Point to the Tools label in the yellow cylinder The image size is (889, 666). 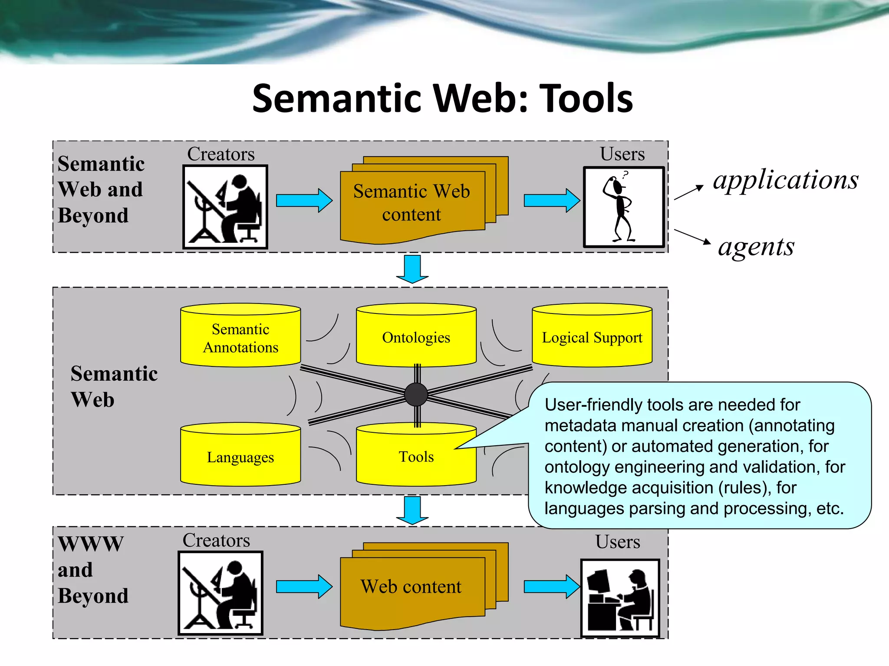pos(416,457)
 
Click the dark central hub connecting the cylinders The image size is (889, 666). pos(416,394)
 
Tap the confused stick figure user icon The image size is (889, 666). pos(623,207)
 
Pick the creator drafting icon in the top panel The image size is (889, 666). pos(225,207)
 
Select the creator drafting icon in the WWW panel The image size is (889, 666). pos(221,593)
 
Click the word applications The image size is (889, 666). pos(786,180)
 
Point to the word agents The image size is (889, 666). pos(756,247)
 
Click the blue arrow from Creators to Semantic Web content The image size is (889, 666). pos(304,200)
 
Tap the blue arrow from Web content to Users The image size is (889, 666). pos(551,587)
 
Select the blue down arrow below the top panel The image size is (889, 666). pos(412,269)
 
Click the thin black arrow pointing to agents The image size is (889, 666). pos(692,237)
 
